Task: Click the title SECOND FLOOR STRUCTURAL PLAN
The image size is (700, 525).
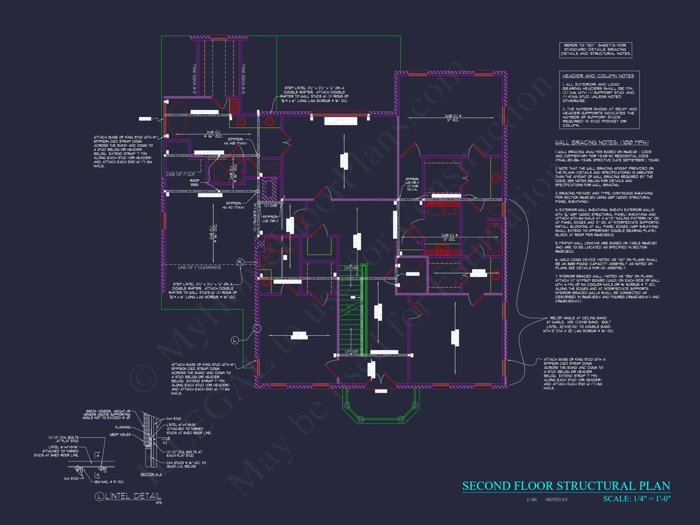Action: tap(566, 486)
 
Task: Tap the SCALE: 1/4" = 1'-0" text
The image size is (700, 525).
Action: tap(637, 499)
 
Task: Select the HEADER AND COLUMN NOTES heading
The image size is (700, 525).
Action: tap(598, 76)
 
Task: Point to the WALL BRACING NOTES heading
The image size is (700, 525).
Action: tap(602, 142)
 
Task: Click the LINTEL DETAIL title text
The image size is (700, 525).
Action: tap(133, 496)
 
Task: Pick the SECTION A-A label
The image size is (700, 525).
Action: tap(151, 474)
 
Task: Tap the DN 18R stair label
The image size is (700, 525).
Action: tap(351, 268)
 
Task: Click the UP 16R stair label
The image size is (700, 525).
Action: tap(351, 352)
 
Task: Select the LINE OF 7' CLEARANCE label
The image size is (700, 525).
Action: tap(199, 267)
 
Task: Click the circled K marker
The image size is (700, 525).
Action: tap(241, 262)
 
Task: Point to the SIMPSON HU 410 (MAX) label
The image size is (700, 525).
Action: tap(235, 141)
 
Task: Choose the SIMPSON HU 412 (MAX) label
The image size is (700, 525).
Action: tap(234, 205)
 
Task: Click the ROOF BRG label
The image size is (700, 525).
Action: tap(195, 183)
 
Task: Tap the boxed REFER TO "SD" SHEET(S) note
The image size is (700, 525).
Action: tap(595, 50)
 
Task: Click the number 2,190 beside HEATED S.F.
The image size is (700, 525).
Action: tap(531, 500)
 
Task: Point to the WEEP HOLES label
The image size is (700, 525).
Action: tap(120, 434)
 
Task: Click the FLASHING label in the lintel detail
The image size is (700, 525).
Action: tap(122, 427)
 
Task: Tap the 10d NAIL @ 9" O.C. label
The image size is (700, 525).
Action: tap(109, 482)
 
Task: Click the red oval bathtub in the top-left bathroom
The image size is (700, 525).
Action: tap(177, 119)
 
